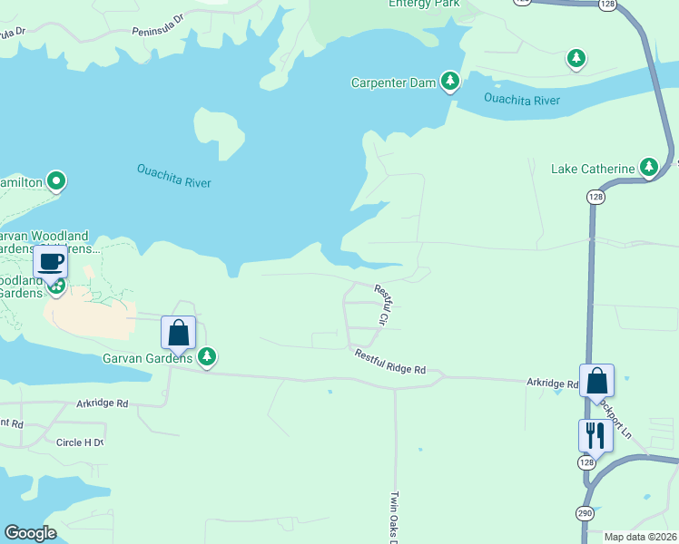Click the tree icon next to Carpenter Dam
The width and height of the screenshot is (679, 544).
tap(449, 82)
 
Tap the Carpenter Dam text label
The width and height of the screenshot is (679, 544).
tap(393, 83)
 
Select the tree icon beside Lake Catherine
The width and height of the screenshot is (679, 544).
tap(648, 168)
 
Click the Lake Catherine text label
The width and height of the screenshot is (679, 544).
tap(593, 170)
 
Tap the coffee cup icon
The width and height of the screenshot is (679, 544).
tap(50, 262)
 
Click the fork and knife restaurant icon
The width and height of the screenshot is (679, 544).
tap(595, 435)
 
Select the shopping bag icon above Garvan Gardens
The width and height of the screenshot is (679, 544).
tap(178, 332)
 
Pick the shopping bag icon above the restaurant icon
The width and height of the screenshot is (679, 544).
tap(596, 380)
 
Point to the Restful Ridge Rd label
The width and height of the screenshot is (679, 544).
tap(389, 362)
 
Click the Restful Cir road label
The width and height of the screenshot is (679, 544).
tap(382, 305)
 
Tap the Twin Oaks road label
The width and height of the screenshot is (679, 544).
tap(395, 517)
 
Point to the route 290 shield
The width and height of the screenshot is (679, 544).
tap(585, 513)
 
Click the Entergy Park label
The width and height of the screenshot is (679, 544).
tap(424, 4)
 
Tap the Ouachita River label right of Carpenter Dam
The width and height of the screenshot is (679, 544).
tap(522, 99)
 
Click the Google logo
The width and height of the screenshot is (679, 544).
tap(30, 533)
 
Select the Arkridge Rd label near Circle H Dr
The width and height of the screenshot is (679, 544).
tap(103, 403)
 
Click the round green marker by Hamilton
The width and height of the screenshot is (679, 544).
tap(56, 181)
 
